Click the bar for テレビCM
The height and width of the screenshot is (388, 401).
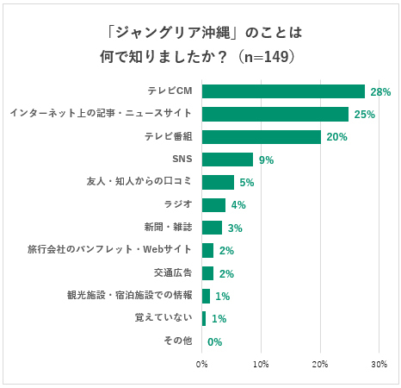[283, 91]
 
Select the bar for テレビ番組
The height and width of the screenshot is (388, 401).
[261, 137]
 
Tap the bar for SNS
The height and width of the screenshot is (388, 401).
[227, 160]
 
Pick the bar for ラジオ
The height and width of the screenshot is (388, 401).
[213, 205]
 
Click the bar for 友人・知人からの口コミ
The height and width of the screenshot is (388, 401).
[218, 182]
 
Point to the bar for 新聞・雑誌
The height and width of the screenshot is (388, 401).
[212, 228]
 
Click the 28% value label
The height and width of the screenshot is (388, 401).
[380, 91]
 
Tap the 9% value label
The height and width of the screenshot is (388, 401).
[266, 160]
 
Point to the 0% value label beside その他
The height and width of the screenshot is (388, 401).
[214, 341]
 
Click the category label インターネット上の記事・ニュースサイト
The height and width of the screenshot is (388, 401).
[100, 114]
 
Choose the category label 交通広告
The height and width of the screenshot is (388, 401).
[173, 273]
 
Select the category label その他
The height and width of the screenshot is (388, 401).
[178, 341]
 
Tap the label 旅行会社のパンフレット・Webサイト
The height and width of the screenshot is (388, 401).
[109, 250]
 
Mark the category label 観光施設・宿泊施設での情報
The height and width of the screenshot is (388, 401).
[129, 296]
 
